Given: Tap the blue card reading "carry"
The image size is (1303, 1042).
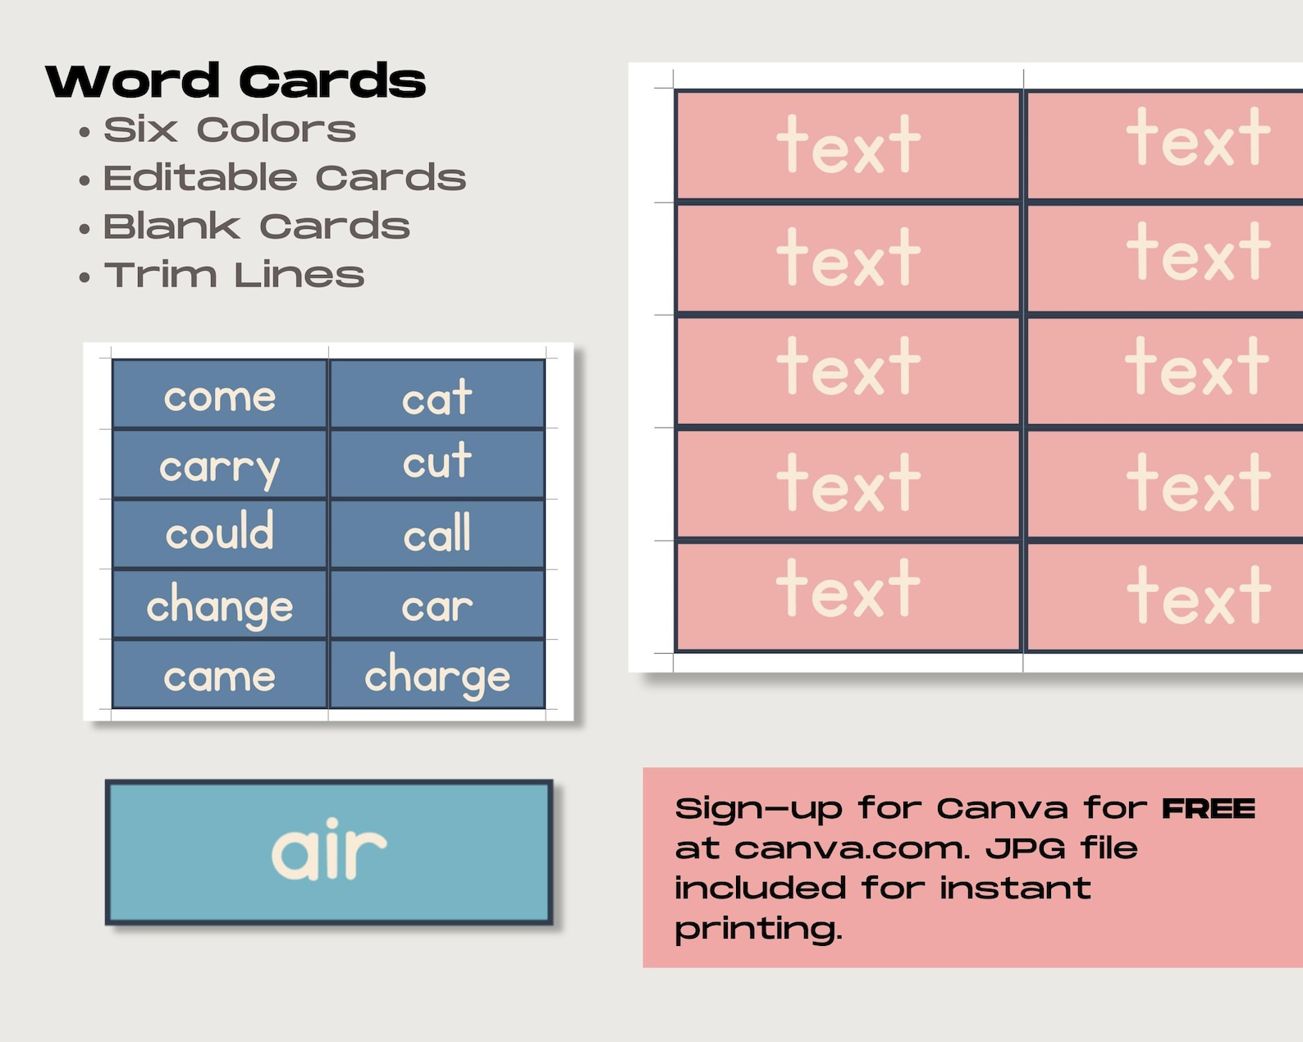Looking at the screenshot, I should click(220, 466).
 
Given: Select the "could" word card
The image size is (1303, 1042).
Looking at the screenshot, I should click(220, 533).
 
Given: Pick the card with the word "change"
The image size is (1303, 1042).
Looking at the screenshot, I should click(220, 606).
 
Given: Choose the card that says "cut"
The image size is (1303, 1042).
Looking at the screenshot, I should click(437, 463).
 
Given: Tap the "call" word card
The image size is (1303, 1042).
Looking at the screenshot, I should click(437, 534).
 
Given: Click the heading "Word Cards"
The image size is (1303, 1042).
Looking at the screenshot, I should click(235, 81).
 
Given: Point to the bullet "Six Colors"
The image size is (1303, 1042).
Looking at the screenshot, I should click(230, 130).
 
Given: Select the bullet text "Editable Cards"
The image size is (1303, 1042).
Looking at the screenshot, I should click(284, 178).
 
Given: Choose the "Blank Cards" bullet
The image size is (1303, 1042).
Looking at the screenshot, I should click(256, 226).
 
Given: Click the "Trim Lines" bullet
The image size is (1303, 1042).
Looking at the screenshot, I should click(234, 275).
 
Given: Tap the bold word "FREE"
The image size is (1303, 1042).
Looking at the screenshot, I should click(1209, 809).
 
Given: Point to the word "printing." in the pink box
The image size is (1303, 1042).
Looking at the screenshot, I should click(758, 930).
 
